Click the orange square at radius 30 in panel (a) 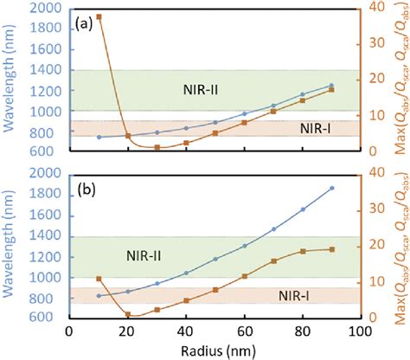point(157,147)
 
